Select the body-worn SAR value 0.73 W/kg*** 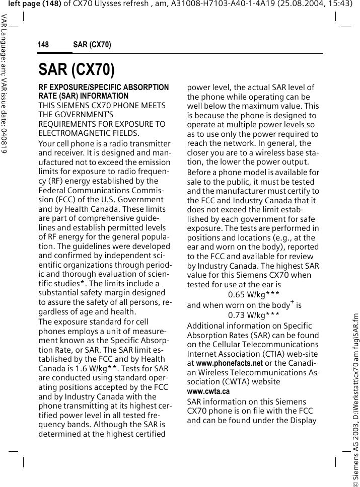[x=254, y=315]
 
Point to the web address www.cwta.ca [x=208, y=391]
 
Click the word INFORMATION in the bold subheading [x=104, y=96]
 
